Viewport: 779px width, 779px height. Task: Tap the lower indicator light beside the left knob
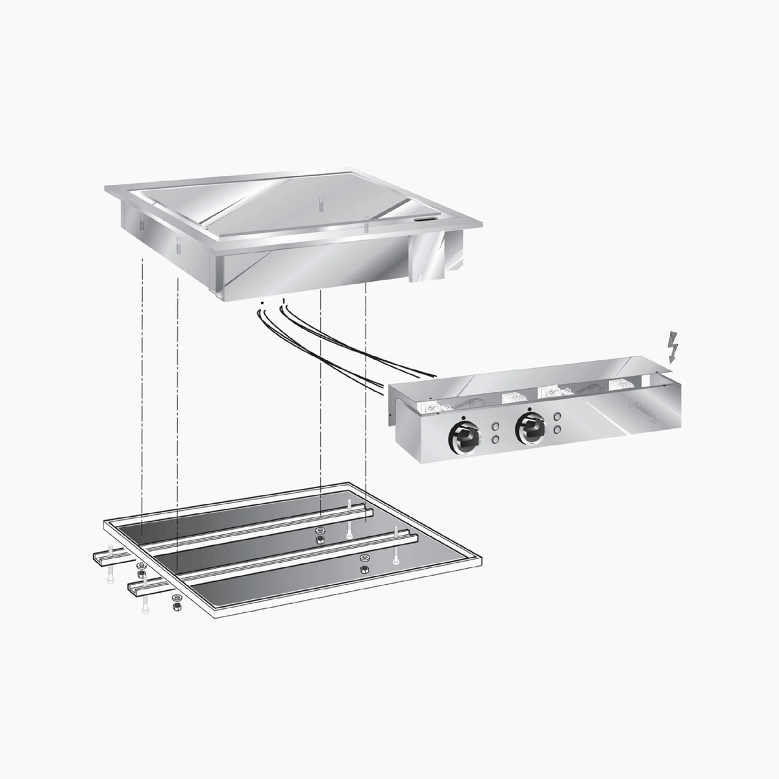(495, 440)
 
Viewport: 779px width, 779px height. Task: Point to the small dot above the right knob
(530, 409)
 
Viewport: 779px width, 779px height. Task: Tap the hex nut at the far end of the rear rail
(319, 540)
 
